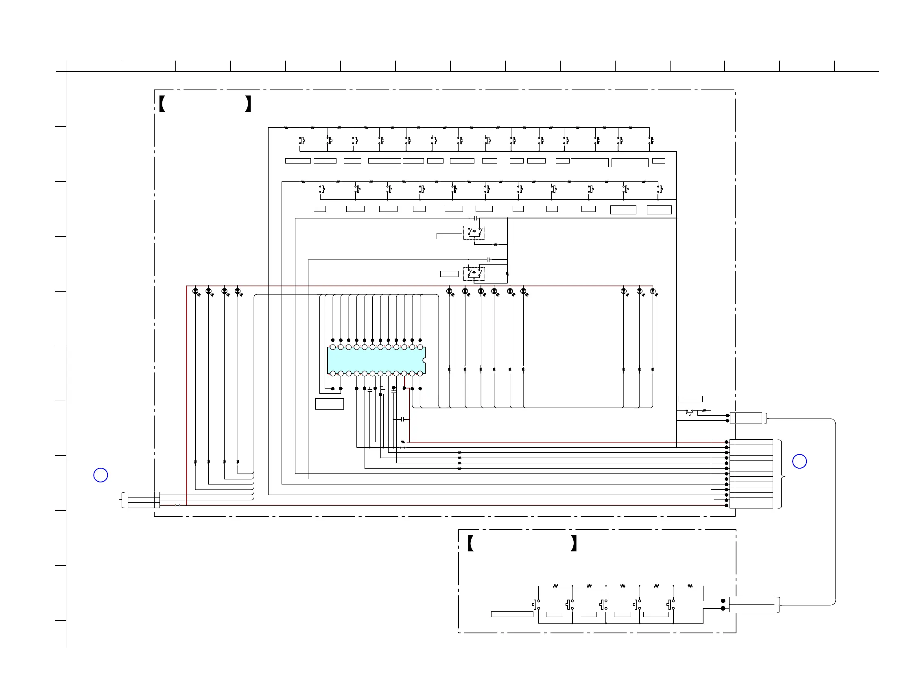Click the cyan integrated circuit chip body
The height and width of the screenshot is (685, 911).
pos(376,360)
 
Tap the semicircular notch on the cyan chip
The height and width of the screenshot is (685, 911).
pos(424,360)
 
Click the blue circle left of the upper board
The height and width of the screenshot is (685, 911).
pos(100,475)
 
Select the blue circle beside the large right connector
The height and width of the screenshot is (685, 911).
pos(800,461)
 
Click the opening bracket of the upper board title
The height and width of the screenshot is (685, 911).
pos(162,104)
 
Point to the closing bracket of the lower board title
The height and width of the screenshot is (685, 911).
pos(574,543)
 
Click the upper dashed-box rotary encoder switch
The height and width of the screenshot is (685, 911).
pos(474,232)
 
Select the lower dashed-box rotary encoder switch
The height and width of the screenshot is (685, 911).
pos(474,273)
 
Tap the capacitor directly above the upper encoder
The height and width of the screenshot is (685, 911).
pos(476,218)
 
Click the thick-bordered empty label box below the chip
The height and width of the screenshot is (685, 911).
pos(330,404)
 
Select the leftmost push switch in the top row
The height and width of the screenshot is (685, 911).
pos(301,141)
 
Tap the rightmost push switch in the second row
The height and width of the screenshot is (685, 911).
pos(660,190)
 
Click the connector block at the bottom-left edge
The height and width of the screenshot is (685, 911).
pos(143,500)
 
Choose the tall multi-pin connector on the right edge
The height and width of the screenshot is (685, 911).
pos(751,474)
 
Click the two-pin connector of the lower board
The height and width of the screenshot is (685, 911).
pos(751,604)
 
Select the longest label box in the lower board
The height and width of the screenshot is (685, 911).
pos(512,614)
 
